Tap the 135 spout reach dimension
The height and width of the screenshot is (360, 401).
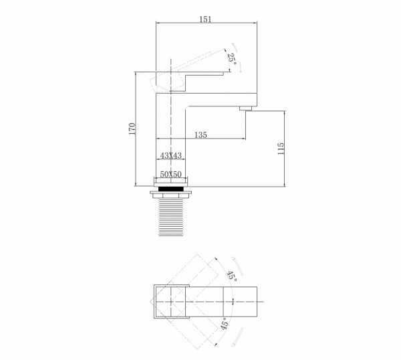tap(200, 134)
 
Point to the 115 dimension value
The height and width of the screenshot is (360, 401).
tap(281, 149)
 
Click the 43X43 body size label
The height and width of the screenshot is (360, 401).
tap(170, 155)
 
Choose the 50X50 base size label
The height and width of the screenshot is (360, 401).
tap(170, 175)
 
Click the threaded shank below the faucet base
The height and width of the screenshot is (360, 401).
tap(170, 216)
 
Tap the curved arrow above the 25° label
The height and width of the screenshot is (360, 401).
tap(235, 48)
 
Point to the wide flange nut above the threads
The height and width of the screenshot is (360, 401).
tap(170, 195)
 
